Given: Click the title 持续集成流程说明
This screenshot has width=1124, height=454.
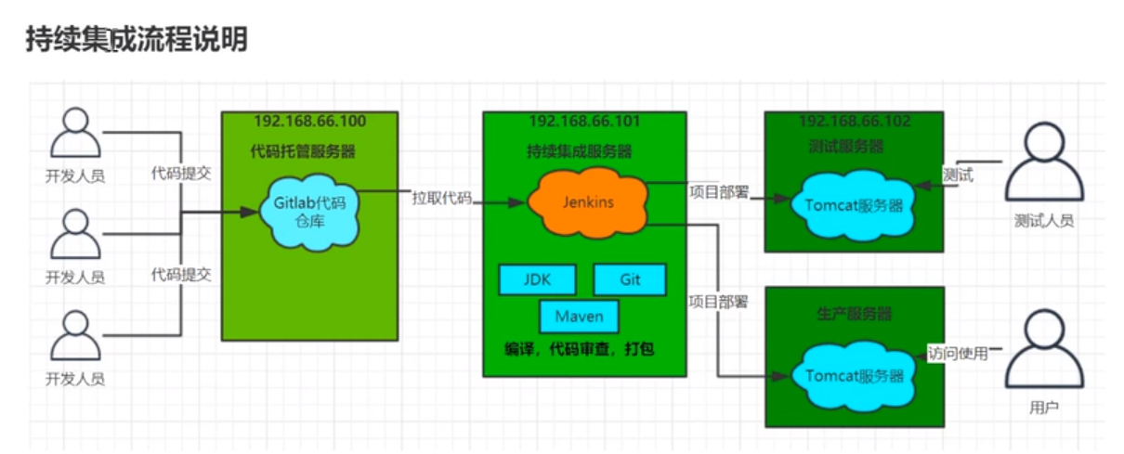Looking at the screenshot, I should point(137,40).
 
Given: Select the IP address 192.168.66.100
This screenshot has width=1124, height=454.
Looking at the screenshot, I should point(309,122).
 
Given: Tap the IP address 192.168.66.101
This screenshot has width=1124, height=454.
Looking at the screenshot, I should point(584,122).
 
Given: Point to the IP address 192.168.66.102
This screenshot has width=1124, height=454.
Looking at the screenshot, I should point(855,122).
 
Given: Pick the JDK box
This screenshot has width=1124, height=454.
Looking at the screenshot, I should point(537,279).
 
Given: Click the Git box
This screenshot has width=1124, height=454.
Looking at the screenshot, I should point(630,279).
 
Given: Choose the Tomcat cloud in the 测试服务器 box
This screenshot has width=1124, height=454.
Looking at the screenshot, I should point(854,206).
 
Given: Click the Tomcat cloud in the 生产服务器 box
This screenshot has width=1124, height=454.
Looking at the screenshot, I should point(854,376).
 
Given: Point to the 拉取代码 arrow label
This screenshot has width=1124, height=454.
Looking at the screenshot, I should point(441,197).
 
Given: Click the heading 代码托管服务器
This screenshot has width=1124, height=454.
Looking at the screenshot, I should point(303,150).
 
